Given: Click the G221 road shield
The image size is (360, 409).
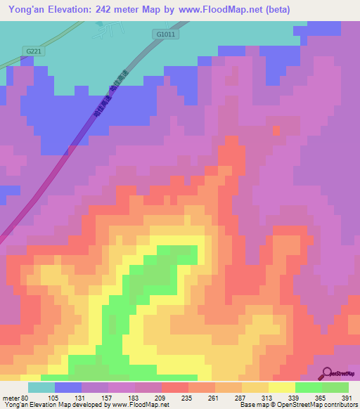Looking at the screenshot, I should [33, 51].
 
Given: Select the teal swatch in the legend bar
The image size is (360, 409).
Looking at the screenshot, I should [41, 387].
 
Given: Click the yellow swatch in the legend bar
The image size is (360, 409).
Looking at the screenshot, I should [281, 387].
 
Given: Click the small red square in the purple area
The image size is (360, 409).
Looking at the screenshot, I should [276, 129].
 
